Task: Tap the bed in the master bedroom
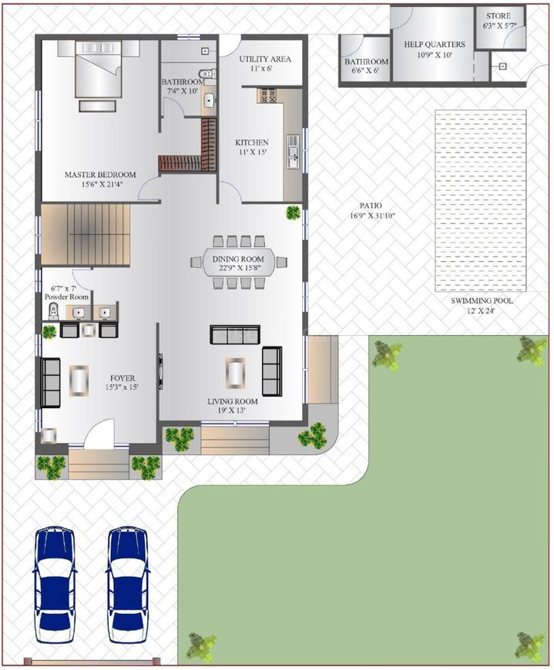pyautogui.click(x=97, y=71)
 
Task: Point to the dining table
pyautogui.click(x=238, y=263)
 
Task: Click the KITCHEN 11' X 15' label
pyautogui.click(x=252, y=147)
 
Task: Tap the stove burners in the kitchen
pyautogui.click(x=269, y=96)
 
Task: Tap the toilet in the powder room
pyautogui.click(x=54, y=311)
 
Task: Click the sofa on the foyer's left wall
pyautogui.click(x=51, y=382)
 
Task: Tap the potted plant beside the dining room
pyautogui.click(x=293, y=213)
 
